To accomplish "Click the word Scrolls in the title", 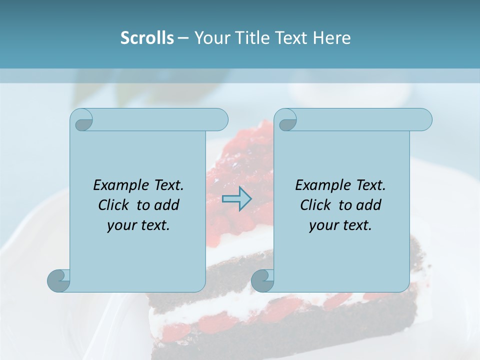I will [147, 38].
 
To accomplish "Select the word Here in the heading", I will [332, 38].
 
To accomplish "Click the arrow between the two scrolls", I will [237, 198].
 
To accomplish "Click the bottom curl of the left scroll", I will [58, 281].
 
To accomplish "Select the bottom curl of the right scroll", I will [262, 281].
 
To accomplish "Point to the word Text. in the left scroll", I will [166, 185].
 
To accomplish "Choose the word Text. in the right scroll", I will [368, 185].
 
